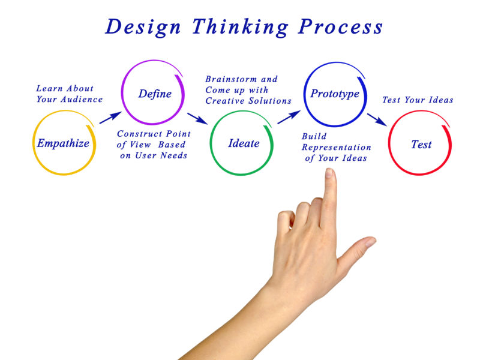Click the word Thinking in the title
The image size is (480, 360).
coord(240,28)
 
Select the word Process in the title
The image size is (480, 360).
coord(340,26)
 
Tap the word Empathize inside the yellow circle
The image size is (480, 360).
coord(63,143)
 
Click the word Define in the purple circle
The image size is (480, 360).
coord(155,94)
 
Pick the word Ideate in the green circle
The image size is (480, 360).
coord(244,143)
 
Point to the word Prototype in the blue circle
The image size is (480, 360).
coord(335,94)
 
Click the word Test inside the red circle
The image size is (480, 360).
coord(421,144)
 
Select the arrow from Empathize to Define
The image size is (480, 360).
coord(110,118)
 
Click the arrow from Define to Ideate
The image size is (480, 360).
coord(197,118)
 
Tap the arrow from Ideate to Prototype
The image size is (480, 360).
coord(289,117)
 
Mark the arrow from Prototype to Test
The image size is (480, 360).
coord(377,119)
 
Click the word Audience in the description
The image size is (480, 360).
coord(82,99)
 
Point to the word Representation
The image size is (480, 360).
coord(337,148)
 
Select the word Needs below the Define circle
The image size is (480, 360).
coord(174,155)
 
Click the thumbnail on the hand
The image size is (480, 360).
coord(370,242)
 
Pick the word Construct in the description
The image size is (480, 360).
coord(140,134)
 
